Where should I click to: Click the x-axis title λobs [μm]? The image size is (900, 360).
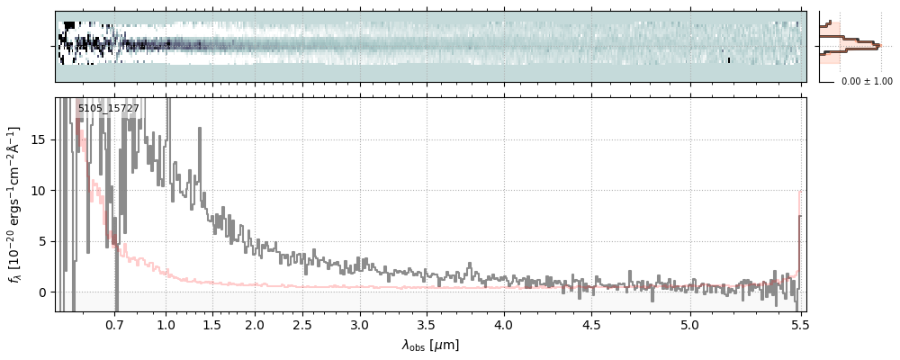430,345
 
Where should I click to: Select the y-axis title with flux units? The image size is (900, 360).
15,205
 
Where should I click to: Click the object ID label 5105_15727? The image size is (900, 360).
109,109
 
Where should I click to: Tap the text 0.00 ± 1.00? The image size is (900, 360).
867,82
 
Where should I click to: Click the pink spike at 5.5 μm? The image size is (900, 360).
799,216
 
